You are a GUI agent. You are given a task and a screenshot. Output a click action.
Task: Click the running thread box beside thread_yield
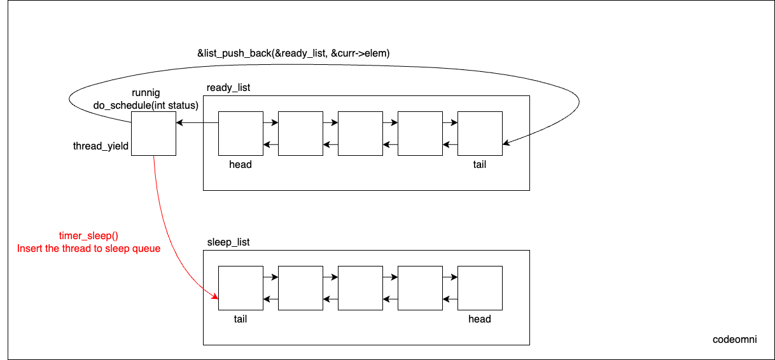tap(153, 133)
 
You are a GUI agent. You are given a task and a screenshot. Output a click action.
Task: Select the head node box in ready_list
tap(241, 133)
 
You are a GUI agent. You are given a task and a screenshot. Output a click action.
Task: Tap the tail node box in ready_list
tap(480, 133)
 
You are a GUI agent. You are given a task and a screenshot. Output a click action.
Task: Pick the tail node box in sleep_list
tap(241, 288)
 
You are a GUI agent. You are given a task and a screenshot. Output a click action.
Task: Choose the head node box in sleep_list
tap(480, 288)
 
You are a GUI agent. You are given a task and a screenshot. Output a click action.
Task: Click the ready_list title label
tap(228, 88)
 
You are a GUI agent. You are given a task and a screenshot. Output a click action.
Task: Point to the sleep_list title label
tap(228, 242)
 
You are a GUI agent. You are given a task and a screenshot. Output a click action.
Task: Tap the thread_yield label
tap(101, 146)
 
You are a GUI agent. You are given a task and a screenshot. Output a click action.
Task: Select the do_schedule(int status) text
tap(145, 104)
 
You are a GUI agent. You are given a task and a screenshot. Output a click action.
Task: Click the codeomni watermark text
tap(734, 340)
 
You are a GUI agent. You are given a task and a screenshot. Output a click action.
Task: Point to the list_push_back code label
tap(293, 54)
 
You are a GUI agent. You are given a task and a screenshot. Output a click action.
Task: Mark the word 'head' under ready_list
tap(241, 165)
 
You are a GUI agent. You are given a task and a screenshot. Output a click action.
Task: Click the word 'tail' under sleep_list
tap(241, 319)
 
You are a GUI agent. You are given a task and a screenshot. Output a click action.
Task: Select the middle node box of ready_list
tap(360, 133)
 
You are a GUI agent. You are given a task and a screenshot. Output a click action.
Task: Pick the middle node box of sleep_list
tap(360, 288)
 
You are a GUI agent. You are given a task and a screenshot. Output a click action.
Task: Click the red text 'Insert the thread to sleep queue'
tap(88, 248)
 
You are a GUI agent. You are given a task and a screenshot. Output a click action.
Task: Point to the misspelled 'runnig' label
tap(146, 93)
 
